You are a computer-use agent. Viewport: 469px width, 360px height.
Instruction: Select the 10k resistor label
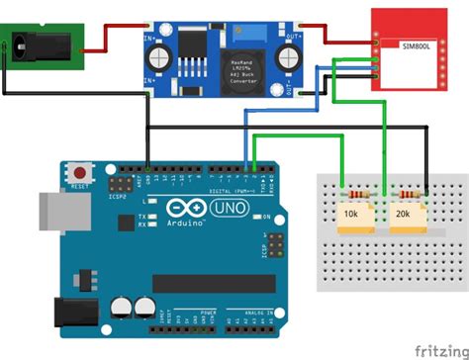[350, 213]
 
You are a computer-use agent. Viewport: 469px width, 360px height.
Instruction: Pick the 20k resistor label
[404, 213]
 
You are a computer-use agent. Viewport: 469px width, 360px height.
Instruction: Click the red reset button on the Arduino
[78, 172]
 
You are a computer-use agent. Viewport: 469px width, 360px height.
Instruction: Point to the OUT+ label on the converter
[293, 37]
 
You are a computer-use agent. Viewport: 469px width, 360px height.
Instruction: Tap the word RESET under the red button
[79, 186]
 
